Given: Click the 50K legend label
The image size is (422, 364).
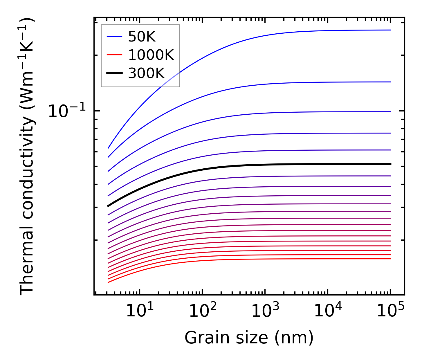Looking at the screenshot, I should point(142,37).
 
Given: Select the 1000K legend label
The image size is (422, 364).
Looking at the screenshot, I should point(151,55).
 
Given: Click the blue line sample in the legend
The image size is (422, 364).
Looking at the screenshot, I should point(114,37).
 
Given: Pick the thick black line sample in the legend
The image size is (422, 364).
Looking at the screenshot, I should point(114,73).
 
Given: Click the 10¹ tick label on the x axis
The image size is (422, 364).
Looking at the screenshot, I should point(140,311).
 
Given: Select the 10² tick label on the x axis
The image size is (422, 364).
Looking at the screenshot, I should point(203,311).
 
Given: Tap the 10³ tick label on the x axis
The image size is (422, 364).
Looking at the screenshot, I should point(265,311).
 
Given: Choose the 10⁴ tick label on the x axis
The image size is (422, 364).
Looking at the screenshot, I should point(328,311).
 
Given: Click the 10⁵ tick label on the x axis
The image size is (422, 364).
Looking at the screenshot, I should point(391,311).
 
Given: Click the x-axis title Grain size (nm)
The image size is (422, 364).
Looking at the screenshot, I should point(249,338).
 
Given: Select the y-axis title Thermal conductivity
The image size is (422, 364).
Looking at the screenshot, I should point(27,157).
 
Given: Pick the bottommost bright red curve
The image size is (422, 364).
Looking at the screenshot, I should point(232,260).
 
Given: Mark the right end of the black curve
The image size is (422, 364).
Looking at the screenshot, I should point(391,164).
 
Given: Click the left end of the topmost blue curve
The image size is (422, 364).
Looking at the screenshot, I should point(108,148).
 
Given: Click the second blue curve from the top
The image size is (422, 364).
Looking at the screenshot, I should point(261,85).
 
